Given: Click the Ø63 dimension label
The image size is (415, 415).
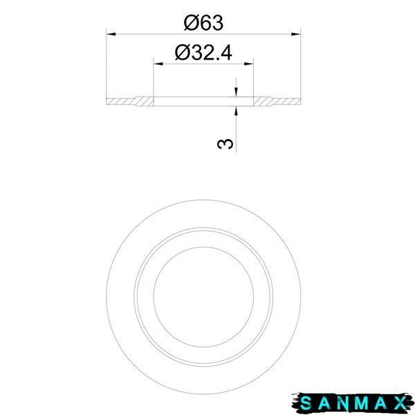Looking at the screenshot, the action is tap(203, 23).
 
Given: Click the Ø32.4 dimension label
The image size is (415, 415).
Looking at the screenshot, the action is tap(203, 53).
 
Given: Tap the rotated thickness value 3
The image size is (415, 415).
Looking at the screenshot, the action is tap(225, 144).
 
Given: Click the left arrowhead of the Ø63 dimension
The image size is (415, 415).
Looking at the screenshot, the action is tap(111, 34).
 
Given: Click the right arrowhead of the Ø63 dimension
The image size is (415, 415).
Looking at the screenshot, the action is tap(296, 34).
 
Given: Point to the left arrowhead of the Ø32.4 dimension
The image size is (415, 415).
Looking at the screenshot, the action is tap(158, 64).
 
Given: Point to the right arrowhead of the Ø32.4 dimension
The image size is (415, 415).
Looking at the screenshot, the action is tap(249, 64).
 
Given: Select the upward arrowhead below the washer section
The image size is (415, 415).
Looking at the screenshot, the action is tap(236, 111).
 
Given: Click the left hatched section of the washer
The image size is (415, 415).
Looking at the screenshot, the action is tap(130, 102).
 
